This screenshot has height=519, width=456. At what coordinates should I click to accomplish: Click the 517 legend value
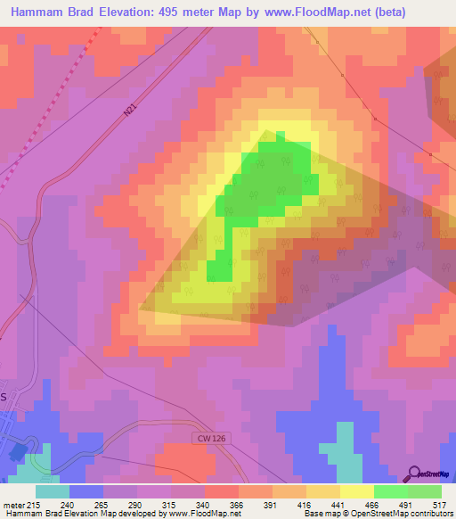437,505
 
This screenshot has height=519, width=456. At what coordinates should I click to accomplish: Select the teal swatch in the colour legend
53,491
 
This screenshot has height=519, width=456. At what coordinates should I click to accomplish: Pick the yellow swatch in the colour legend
357,491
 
